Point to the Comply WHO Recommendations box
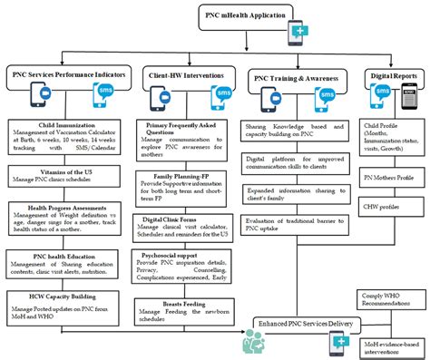tap(391, 300)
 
